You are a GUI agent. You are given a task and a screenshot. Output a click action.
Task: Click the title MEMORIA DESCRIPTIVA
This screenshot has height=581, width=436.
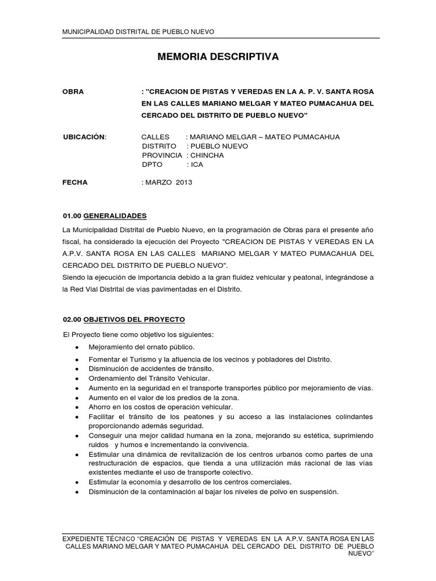(x=217, y=57)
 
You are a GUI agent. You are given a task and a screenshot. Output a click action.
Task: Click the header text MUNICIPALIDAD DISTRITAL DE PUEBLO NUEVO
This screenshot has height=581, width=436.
(x=138, y=32)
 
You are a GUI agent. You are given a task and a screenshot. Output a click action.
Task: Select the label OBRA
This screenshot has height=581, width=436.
(x=73, y=91)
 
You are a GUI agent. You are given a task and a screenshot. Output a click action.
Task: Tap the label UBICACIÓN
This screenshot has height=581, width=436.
(x=84, y=137)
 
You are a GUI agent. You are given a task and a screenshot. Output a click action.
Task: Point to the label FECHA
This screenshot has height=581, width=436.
(x=75, y=183)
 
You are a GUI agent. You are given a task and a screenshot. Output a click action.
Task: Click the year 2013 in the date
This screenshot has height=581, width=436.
(x=184, y=183)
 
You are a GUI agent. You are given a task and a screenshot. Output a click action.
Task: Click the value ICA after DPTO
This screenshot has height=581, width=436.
(x=197, y=165)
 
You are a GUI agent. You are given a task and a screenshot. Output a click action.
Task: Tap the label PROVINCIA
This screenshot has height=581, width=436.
(x=162, y=155)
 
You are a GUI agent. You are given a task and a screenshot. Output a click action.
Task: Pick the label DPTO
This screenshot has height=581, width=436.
(x=152, y=165)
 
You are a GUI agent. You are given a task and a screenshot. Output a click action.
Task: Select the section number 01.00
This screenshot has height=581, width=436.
(x=72, y=216)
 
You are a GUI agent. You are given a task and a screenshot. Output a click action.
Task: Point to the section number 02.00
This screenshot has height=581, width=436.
(x=72, y=319)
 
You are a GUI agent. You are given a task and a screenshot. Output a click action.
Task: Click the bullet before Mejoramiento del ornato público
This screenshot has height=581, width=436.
(x=76, y=347)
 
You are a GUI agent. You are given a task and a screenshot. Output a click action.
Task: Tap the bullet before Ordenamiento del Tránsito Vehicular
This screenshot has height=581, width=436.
(x=76, y=378)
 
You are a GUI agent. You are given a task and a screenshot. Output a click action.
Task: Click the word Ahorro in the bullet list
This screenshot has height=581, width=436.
(x=99, y=407)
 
